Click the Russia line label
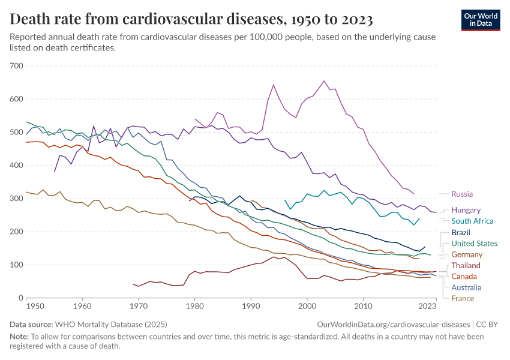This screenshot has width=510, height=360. (462, 194)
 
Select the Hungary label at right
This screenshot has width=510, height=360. (466, 210)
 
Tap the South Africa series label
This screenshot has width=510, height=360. (472, 221)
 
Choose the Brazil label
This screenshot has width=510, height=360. (461, 232)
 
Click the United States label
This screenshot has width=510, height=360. (474, 244)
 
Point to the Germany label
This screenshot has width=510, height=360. (467, 254)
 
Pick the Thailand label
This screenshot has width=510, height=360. (466, 265)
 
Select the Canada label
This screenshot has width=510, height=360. (464, 277)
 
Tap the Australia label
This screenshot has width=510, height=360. (466, 287)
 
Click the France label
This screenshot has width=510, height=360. (463, 298)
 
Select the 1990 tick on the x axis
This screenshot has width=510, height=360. (251, 306)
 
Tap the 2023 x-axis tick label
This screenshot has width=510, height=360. (427, 306)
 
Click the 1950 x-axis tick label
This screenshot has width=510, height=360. (35, 306)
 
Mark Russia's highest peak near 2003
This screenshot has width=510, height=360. (324, 81)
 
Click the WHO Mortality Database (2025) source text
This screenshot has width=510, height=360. (113, 324)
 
